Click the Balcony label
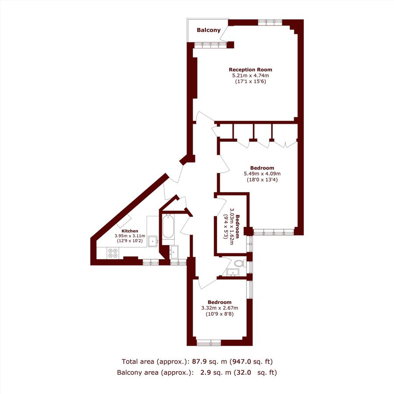point(208,30)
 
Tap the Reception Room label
point(250,70)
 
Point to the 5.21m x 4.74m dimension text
point(250,76)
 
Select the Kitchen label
point(130,231)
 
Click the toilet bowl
point(239,264)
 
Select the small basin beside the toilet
point(234,272)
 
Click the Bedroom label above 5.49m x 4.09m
point(262,168)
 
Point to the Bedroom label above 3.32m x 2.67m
point(219,302)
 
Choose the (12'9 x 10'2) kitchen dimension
point(130,241)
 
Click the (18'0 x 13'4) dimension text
point(262,179)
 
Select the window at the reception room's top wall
point(270,22)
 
